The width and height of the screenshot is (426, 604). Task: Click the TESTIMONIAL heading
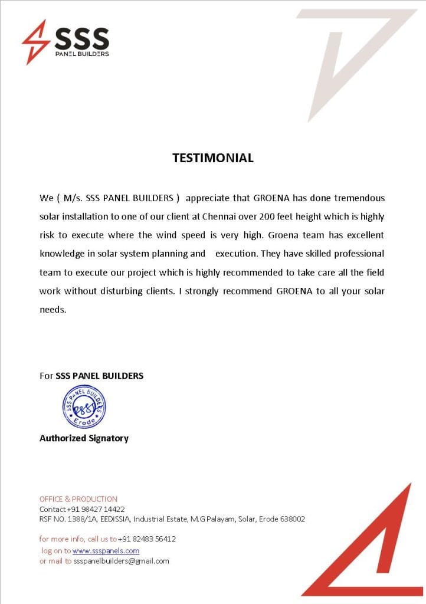point(212,158)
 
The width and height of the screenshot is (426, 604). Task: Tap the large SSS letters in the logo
point(81,38)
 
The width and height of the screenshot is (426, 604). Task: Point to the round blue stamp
point(84,406)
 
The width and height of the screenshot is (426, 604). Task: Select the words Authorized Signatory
point(84,438)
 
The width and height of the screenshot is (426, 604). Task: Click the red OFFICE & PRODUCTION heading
point(78,499)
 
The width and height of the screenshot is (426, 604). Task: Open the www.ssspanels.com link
point(106,551)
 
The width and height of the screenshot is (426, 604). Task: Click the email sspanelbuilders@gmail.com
point(121,561)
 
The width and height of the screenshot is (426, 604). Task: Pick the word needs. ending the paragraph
point(53,310)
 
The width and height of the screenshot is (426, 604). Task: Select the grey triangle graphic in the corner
point(354,47)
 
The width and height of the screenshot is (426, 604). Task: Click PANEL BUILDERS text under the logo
point(81,54)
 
